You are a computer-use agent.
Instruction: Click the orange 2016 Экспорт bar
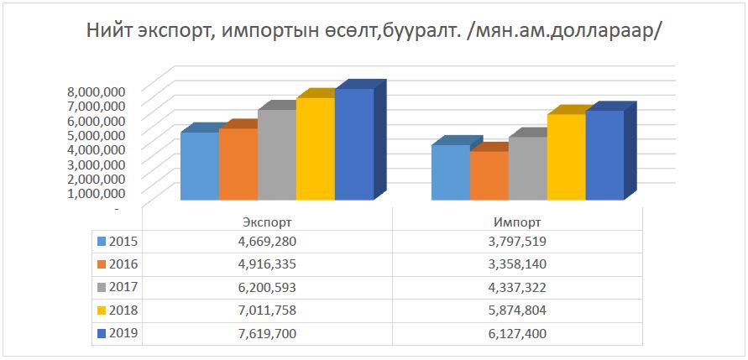tap(238, 164)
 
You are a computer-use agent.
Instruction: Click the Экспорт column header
tap(266, 222)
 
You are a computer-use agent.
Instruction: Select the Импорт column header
tap(517, 222)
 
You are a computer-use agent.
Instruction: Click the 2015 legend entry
tap(117, 242)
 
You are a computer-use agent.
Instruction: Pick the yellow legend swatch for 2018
tap(102, 310)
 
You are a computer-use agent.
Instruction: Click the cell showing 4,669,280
tap(266, 242)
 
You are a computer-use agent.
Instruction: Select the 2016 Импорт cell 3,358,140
tap(517, 264)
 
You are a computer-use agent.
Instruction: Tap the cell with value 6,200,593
tap(266, 287)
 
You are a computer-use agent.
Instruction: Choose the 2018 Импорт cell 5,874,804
tap(517, 310)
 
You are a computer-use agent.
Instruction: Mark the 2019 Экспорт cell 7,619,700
tap(266, 333)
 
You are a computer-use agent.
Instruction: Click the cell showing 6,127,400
tap(517, 333)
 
